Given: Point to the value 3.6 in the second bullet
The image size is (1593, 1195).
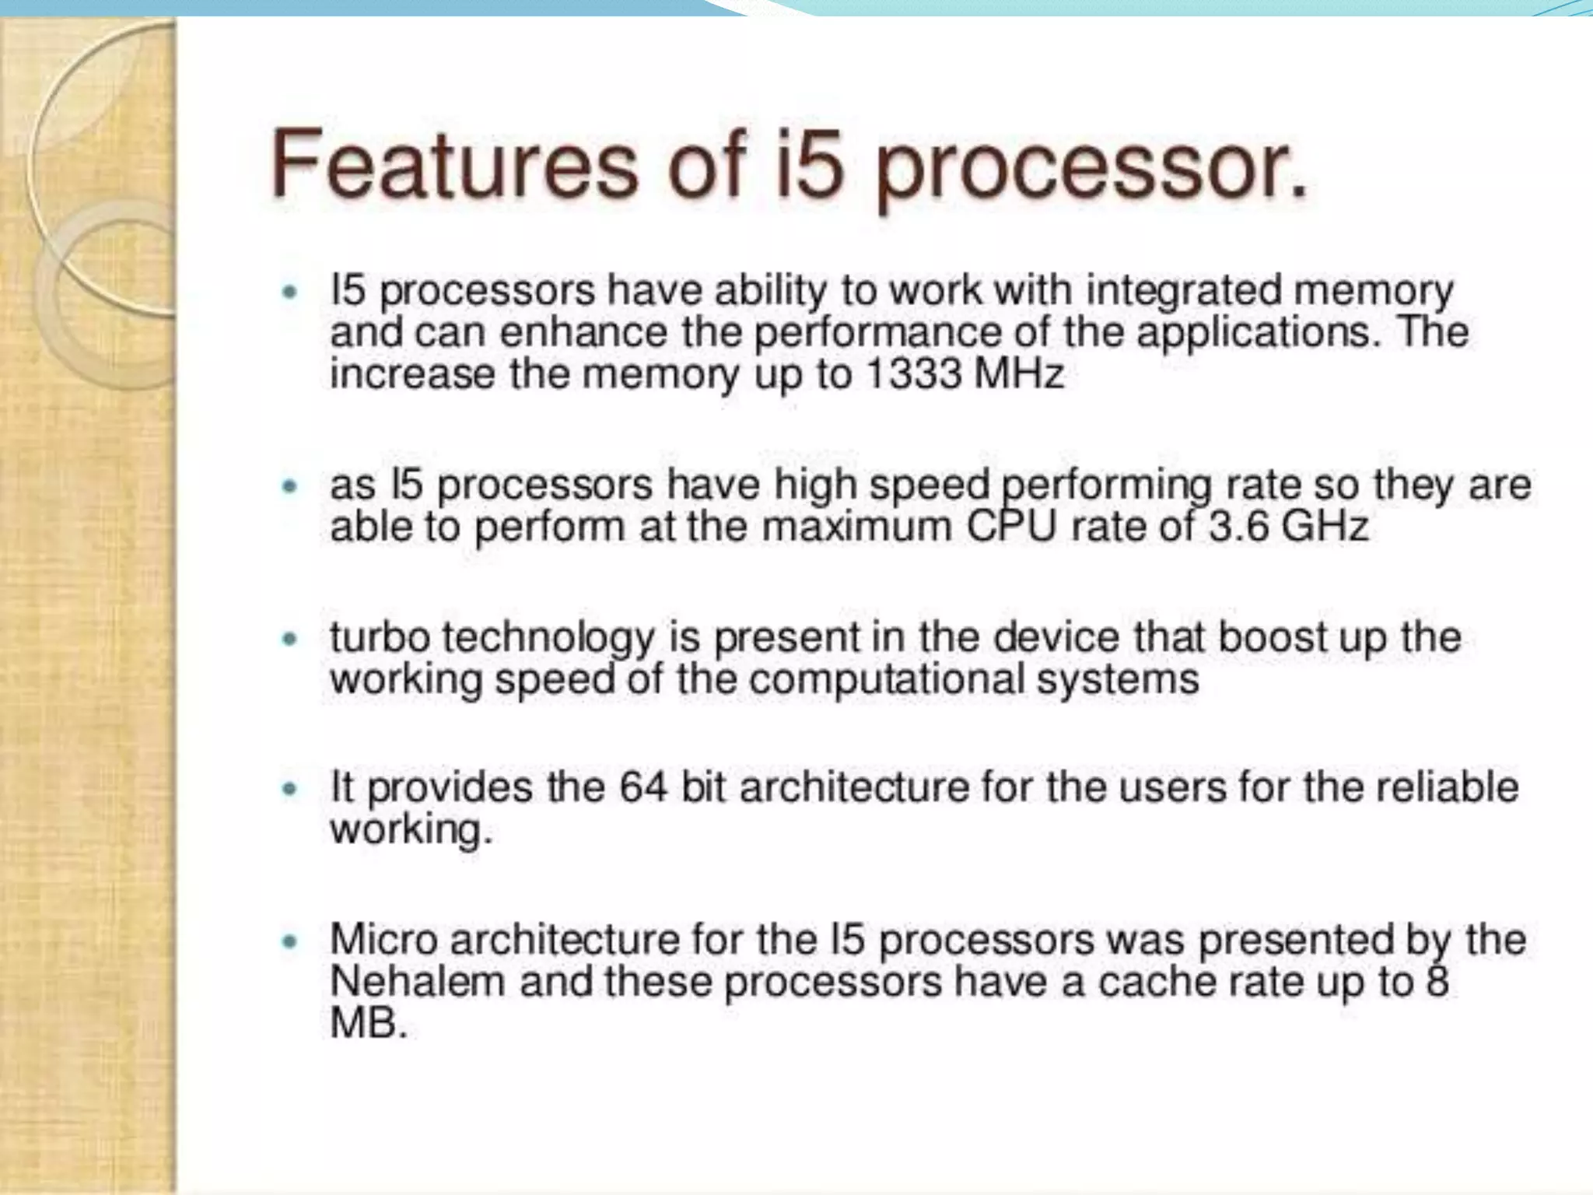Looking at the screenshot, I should (1238, 526).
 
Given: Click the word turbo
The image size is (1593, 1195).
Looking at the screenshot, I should (380, 637).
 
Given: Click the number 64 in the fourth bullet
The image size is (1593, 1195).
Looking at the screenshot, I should (642, 787).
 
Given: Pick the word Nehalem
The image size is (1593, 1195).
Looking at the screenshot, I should (418, 981).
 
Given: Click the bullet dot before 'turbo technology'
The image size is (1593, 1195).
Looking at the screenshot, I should (290, 640).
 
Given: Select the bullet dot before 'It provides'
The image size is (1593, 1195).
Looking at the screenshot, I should (290, 789).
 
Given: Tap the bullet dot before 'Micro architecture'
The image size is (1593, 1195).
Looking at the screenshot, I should (290, 941).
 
